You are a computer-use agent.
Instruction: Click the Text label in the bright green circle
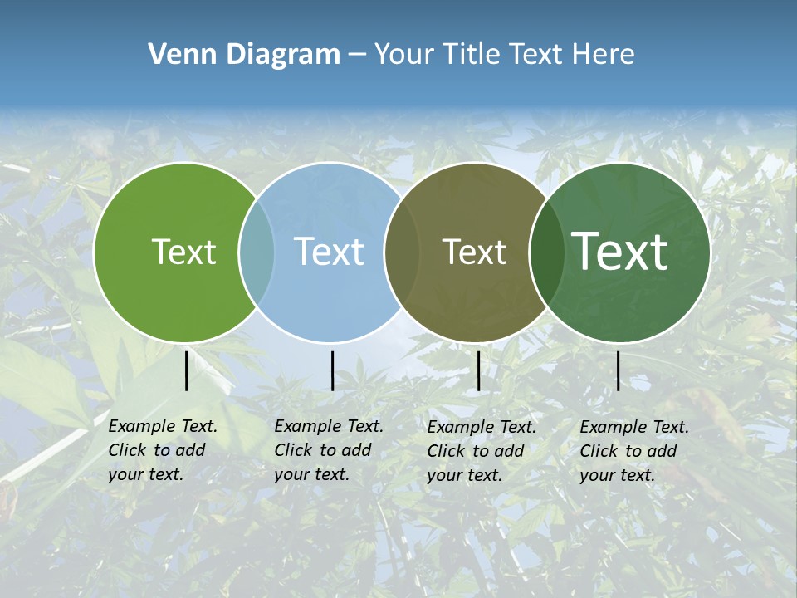tap(183, 252)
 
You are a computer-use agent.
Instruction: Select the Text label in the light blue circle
tap(329, 252)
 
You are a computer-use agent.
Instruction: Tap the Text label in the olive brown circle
tap(474, 252)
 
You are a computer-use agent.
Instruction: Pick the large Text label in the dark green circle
tap(620, 251)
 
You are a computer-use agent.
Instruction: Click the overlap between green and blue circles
tap(257, 252)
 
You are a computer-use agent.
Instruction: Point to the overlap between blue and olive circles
tap(402, 252)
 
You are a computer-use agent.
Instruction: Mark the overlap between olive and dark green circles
tap(546, 252)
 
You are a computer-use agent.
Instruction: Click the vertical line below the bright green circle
tap(187, 370)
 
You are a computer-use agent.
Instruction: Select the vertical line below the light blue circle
tap(332, 370)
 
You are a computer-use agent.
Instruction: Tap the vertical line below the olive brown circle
tap(478, 370)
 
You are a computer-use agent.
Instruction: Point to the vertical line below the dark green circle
tap(618, 370)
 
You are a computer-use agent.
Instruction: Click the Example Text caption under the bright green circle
tap(163, 450)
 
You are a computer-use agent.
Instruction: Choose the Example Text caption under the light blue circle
tap(329, 450)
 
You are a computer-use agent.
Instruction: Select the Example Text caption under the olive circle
tap(482, 451)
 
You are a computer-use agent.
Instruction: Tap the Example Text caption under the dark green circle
tap(634, 451)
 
